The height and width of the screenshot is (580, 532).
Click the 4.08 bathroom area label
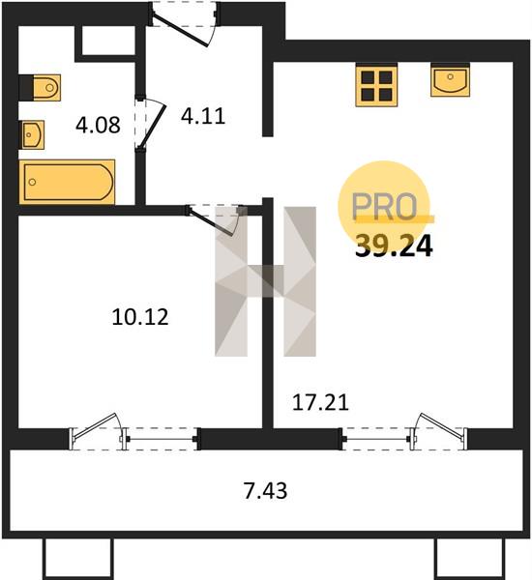[98, 125]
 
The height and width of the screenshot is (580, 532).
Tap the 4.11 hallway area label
[203, 116]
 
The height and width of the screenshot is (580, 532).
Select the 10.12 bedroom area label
[140, 317]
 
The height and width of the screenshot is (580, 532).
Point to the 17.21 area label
[320, 402]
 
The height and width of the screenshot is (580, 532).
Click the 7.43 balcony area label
[265, 491]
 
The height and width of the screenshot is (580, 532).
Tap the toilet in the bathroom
[40, 88]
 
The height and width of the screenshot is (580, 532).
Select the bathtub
[67, 182]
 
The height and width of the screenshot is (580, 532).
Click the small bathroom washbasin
[32, 134]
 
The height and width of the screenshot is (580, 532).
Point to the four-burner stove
[376, 85]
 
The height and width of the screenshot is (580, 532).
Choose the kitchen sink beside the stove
[450, 80]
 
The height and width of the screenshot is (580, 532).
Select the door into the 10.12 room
[214, 219]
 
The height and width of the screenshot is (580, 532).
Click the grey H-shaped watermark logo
[265, 281]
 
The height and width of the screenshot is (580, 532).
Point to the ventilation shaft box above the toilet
[108, 41]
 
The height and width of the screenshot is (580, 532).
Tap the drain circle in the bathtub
[33, 182]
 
